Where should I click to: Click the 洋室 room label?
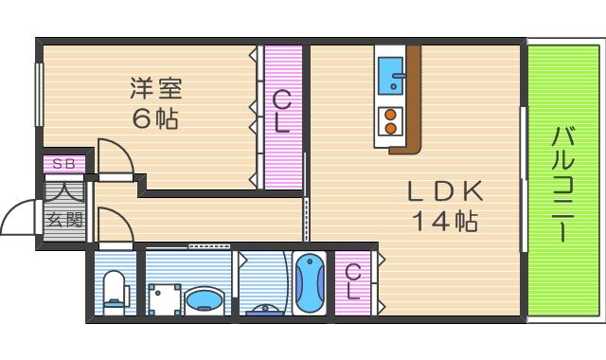(157, 89)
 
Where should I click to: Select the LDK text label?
(445, 190)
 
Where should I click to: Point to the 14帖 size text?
(444, 222)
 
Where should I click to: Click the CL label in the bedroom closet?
(282, 112)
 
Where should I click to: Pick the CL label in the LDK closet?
(353, 282)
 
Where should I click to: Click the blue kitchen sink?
(391, 77)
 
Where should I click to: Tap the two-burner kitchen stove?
(389, 121)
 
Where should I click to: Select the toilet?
(114, 288)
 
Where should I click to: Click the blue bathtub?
(309, 282)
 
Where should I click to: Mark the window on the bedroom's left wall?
(40, 94)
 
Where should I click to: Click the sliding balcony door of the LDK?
(523, 180)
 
